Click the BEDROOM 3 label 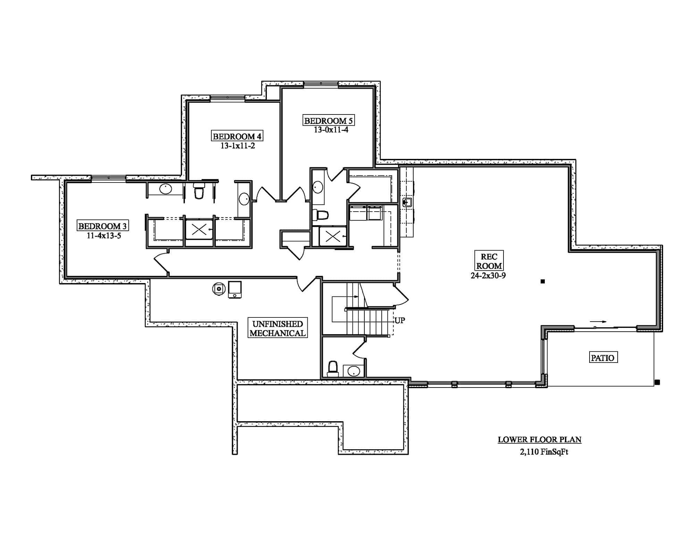102,226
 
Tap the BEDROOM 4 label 237,136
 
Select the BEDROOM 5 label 328,121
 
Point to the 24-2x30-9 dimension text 488,276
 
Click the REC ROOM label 489,261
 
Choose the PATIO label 603,358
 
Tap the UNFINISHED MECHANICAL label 277,329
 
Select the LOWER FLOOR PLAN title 539,440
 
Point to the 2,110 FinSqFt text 544,452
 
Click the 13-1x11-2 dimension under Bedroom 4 238,146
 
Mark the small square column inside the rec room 543,282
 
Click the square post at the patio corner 657,382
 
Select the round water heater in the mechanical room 219,289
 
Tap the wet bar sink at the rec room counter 407,203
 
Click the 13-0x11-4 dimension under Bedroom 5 331,130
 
